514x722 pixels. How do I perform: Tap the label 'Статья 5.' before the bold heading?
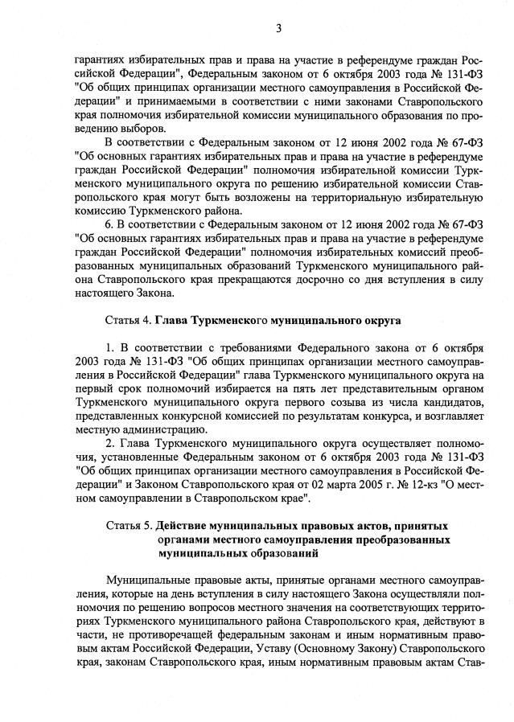point(130,526)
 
